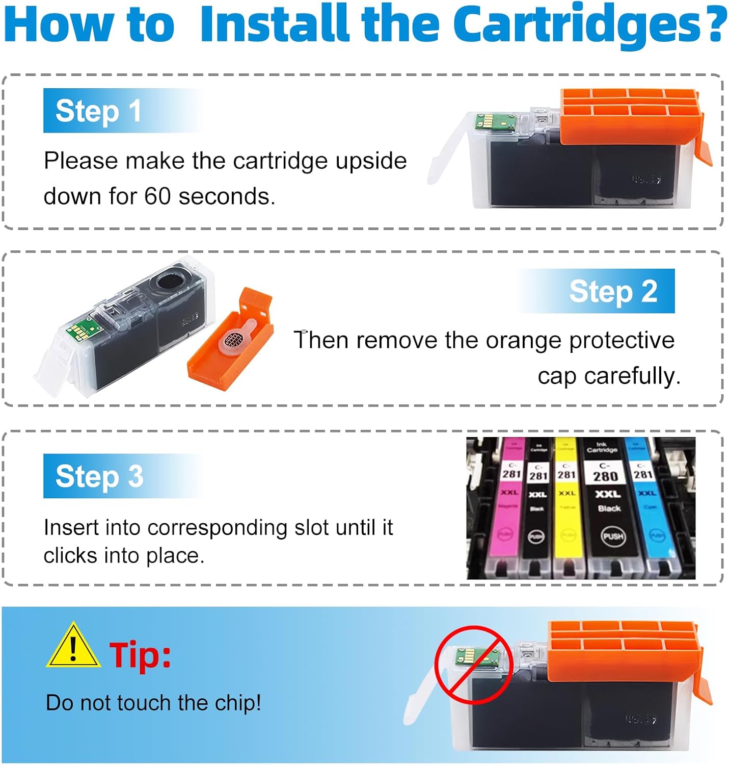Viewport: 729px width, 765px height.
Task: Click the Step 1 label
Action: [98, 111]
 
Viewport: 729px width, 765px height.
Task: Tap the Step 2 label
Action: [613, 291]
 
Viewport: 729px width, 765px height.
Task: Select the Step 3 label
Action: [99, 476]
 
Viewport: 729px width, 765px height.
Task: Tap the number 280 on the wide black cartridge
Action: [605, 476]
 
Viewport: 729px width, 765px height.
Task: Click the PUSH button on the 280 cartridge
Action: [613, 536]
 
